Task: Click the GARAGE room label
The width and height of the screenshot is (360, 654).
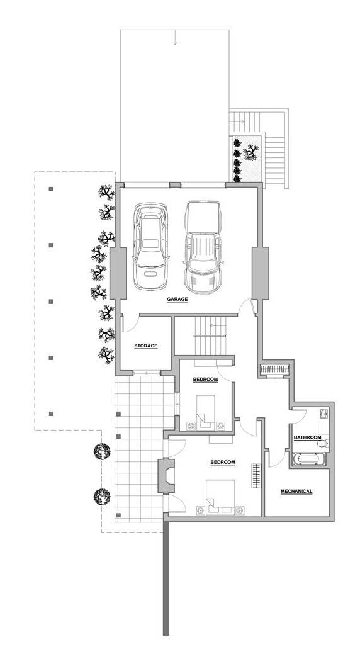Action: click(177, 299)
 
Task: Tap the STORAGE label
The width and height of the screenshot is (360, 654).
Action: click(146, 346)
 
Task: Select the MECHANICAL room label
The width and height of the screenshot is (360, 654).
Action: click(296, 492)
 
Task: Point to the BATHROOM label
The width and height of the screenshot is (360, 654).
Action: click(307, 437)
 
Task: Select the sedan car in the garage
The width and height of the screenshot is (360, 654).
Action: click(150, 246)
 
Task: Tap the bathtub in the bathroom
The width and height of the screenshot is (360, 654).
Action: click(309, 459)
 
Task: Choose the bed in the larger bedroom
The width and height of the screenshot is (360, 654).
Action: click(220, 497)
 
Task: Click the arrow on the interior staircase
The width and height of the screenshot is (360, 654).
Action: click(216, 325)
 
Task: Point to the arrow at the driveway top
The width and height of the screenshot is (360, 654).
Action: click(175, 39)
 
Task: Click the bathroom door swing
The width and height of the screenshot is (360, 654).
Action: click(299, 416)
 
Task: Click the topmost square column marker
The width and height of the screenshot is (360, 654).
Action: click(51, 189)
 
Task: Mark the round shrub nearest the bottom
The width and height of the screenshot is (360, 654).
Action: click(102, 497)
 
